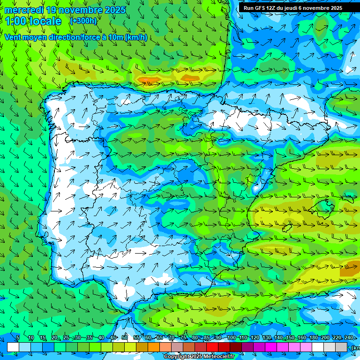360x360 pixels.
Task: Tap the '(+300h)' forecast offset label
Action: tap(83, 21)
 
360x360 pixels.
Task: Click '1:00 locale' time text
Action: tap(33, 21)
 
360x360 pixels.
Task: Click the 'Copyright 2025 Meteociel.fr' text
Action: tap(206, 357)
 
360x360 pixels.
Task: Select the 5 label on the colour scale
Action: tap(18, 338)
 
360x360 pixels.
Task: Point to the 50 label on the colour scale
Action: tap(125, 338)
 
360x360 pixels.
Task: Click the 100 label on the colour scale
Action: tap(231, 338)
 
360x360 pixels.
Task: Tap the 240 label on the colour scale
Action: tap(349, 338)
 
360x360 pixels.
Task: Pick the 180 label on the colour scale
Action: tap(314, 338)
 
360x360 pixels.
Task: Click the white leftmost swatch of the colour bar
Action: tap(13, 347)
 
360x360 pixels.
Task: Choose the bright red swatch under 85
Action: tap(212, 347)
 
